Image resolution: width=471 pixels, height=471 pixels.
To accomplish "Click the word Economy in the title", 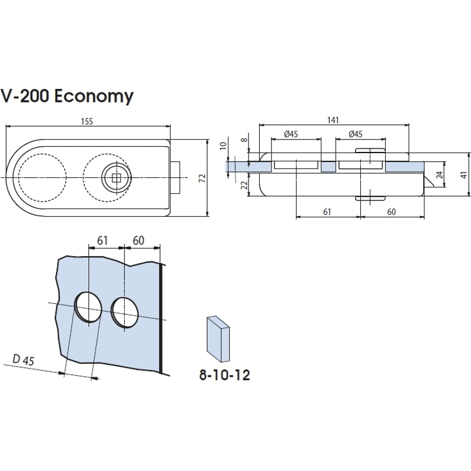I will tap(94, 96).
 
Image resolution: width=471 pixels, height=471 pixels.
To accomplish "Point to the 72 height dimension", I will tap(202, 178).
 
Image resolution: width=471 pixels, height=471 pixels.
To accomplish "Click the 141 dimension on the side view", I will tap(333, 120).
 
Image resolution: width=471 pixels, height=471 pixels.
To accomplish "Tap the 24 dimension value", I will tap(439, 175).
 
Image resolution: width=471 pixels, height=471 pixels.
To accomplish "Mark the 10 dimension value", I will tap(222, 145).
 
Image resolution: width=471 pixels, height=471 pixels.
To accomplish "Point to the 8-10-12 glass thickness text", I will tap(224, 375).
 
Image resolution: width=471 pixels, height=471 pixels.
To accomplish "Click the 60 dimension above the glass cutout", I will tap(139, 240).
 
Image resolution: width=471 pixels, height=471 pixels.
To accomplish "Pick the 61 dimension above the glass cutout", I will tap(102, 240).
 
